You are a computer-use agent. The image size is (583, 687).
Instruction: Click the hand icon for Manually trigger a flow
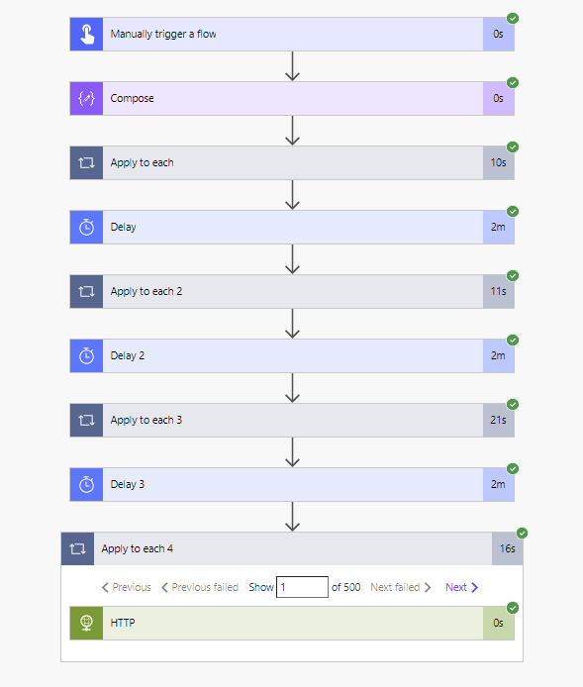87,35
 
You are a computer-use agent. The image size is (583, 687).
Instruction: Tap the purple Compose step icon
86,98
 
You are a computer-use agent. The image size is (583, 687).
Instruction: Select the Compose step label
132,98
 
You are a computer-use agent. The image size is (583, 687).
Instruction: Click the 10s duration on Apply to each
498,162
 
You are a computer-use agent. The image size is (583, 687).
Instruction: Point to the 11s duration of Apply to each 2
498,291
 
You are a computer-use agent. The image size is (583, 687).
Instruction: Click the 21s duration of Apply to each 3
498,420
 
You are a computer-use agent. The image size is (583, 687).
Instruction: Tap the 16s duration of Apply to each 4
507,548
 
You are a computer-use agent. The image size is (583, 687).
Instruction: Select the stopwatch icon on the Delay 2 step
86,355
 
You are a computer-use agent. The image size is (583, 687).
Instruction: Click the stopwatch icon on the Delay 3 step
86,484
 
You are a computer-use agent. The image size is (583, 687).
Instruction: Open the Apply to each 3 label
146,420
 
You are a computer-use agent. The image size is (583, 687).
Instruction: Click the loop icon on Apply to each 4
77,548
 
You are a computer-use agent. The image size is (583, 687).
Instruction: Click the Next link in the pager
461,587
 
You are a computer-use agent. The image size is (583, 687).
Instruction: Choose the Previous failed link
200,587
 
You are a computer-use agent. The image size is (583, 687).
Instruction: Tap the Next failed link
401,587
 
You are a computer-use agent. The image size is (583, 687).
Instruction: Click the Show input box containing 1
302,587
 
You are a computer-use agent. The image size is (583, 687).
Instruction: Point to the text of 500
346,587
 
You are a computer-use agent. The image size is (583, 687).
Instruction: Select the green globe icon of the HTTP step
86,623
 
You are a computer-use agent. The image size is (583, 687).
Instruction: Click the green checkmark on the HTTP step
513,608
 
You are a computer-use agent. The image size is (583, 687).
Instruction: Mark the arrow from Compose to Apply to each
292,130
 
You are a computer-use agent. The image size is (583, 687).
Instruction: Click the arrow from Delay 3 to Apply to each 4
292,517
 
